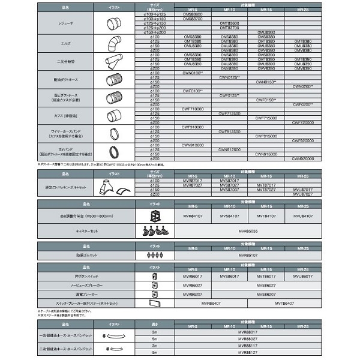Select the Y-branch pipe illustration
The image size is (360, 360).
113,62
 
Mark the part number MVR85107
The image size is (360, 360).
247,254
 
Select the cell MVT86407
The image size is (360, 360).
284,304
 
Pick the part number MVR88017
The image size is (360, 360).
247,331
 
